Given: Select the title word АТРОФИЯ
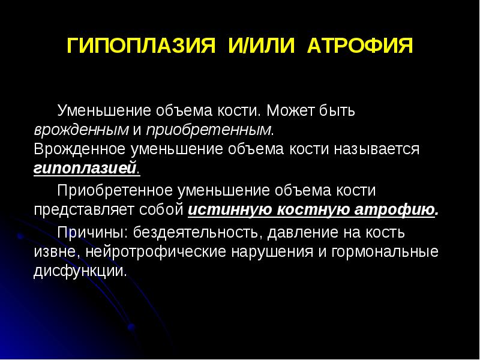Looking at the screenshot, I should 359,47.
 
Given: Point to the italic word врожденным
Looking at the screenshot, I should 65,129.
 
